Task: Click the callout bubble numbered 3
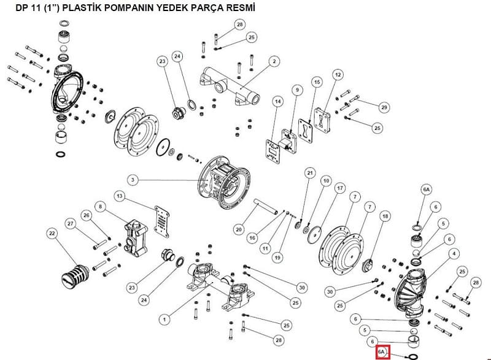click(x=133, y=180)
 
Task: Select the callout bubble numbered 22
click(x=52, y=233)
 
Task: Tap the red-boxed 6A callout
click(x=382, y=352)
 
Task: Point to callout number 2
click(x=274, y=61)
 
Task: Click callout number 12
click(x=338, y=75)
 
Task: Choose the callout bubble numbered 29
click(x=384, y=107)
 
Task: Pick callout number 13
click(x=120, y=196)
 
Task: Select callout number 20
click(x=239, y=229)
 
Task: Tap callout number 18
click(x=385, y=216)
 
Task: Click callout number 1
click(x=164, y=320)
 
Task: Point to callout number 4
click(x=454, y=254)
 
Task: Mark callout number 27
click(x=71, y=224)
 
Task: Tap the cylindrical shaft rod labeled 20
click(x=266, y=207)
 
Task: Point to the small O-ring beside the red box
click(x=412, y=356)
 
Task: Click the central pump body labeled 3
click(x=225, y=182)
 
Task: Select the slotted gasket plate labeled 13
click(x=162, y=221)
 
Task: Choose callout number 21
click(x=310, y=173)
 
